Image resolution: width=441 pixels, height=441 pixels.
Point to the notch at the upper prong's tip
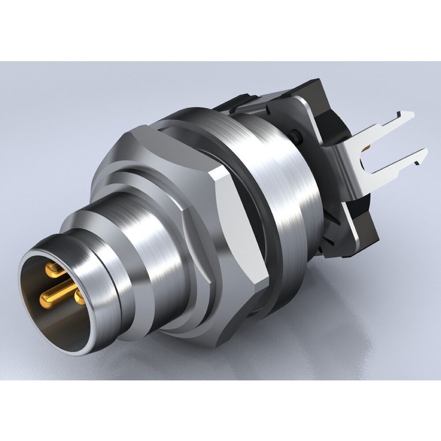coord(404,116)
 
